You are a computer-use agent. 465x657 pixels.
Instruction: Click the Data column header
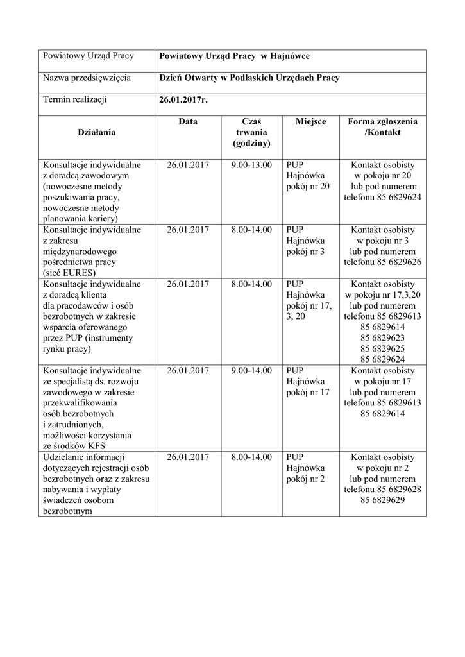pyautogui.click(x=188, y=121)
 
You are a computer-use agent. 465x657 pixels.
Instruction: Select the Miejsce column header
pyautogui.click(x=311, y=121)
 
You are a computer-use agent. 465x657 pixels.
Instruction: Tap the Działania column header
pyautogui.click(x=96, y=132)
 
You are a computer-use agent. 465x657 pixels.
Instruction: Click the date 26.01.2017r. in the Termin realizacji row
pyautogui.click(x=183, y=99)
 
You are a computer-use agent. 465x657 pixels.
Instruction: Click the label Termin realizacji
pyautogui.click(x=74, y=99)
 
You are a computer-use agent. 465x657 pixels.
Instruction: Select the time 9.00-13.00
pyautogui.click(x=251, y=165)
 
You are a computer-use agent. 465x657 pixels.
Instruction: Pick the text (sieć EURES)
pyautogui.click(x=69, y=273)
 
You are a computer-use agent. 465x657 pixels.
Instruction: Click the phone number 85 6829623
pyautogui.click(x=382, y=338)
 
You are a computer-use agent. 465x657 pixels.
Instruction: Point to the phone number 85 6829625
pyautogui.click(x=382, y=349)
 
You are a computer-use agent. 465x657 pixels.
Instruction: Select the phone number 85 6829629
pyautogui.click(x=382, y=500)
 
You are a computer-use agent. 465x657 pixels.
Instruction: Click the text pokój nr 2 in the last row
pyautogui.click(x=306, y=479)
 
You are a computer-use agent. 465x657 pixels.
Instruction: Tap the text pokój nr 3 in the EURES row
pyautogui.click(x=306, y=252)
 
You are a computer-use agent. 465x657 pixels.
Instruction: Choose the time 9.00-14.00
pyautogui.click(x=251, y=371)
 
